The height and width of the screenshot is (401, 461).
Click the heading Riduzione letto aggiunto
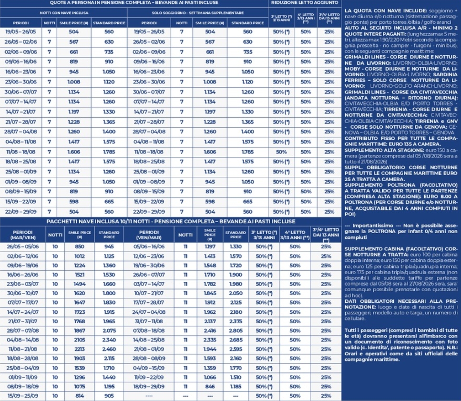coord(304,3)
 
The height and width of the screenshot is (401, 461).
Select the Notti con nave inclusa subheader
coord(64,13)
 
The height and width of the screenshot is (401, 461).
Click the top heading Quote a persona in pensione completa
coord(133,3)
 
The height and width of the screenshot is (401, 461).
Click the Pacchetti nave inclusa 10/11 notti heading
coord(171,222)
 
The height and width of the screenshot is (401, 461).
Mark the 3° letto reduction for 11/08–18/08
coord(280,152)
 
